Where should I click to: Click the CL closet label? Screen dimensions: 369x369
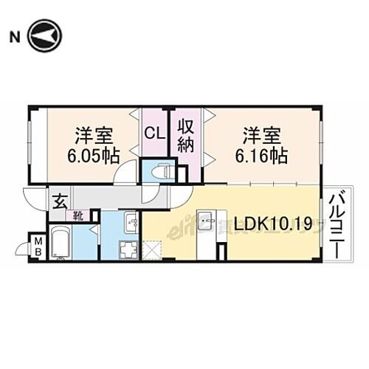pos(154,134)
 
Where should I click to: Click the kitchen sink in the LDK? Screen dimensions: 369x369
pos(205,220)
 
